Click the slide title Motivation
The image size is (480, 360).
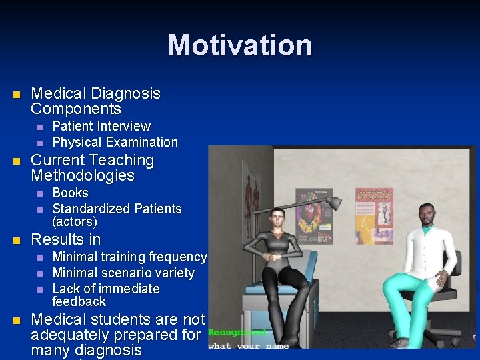coord(240,45)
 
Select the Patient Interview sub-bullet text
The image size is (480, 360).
coord(101,126)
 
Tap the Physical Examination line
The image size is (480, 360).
coord(115,142)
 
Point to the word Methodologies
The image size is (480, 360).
coord(83,176)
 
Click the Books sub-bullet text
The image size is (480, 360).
coord(70,193)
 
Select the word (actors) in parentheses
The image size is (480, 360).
coord(75,221)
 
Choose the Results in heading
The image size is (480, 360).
coord(66,239)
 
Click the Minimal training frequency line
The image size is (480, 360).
coord(129,257)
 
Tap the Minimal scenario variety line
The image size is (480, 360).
coord(123,273)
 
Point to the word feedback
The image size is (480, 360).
coord(79,301)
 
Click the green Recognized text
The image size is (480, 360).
coord(237,332)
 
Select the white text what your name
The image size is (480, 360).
coord(248,345)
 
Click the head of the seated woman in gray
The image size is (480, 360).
coord(277,218)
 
